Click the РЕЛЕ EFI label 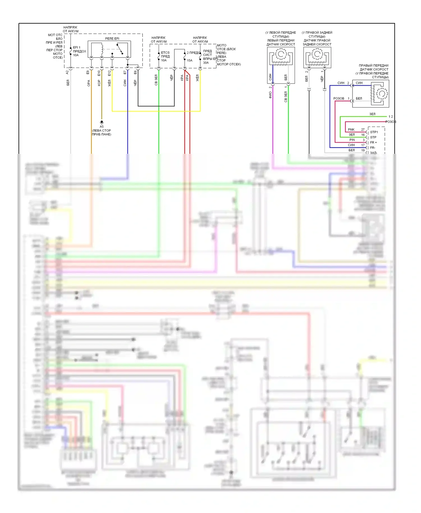[112, 38]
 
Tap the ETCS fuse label [165, 52]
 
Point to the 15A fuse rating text [190, 60]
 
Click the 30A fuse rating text [206, 63]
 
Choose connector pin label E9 [88, 72]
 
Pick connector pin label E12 [109, 73]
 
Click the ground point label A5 [102, 127]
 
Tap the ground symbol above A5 [102, 122]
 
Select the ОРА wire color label [89, 83]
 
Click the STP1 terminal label [374, 132]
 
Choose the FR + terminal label [373, 143]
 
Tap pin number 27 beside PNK [363, 130]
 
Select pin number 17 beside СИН [363, 145]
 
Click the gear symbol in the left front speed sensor [281, 54]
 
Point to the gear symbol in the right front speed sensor [382, 93]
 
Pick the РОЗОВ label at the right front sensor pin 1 [338, 99]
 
